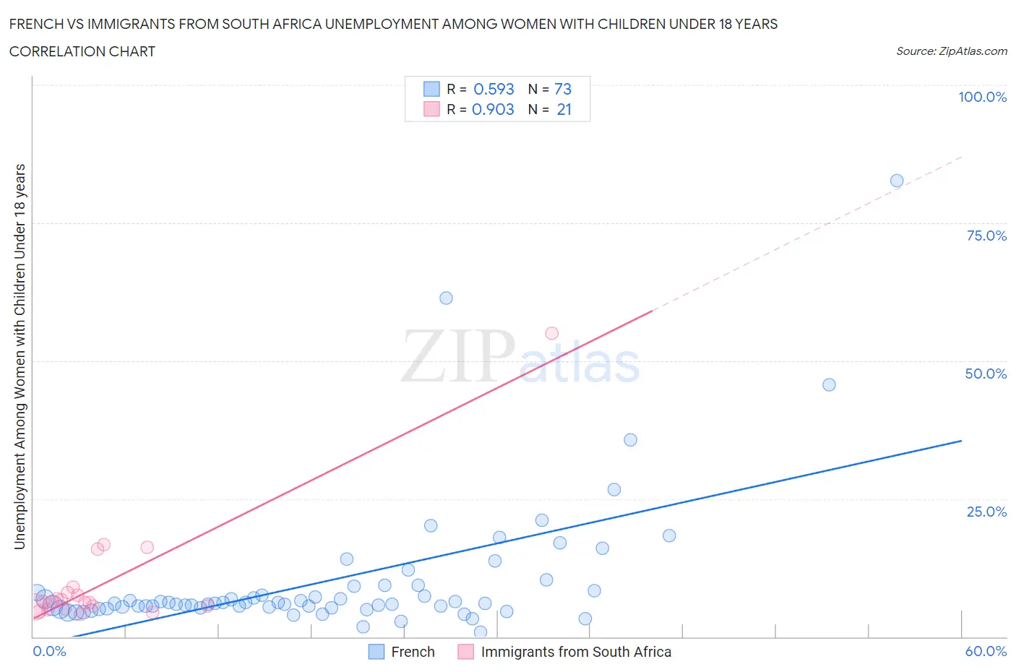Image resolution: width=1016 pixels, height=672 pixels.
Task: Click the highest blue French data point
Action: pos(896,181)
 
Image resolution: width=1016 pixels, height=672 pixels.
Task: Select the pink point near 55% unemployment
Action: pos(551,333)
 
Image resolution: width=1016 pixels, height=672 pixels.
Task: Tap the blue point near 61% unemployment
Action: pos(446,298)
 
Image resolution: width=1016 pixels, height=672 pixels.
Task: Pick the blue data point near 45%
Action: pos(829,384)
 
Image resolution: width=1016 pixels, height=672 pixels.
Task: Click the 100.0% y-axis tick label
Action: pos(982,97)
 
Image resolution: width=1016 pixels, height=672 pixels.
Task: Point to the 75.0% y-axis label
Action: pos(986,236)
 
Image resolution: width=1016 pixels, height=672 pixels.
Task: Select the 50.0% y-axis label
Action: pos(986,374)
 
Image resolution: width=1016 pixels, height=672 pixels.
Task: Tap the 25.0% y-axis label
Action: pos(986,512)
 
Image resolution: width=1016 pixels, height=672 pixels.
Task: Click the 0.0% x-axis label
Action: pos(49,651)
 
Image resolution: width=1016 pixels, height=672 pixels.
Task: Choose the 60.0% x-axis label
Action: pos(986,651)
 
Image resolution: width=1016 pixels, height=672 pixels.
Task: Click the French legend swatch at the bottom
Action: pos(376,652)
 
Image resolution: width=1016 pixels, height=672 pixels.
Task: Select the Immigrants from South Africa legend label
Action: pos(576,652)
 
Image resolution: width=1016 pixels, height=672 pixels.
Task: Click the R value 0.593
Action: pos(494,89)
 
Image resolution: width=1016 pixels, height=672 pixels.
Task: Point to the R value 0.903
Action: pos(493,109)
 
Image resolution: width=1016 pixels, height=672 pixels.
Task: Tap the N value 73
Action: pos(563,89)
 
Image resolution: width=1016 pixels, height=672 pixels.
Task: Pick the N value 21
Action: pos(564,109)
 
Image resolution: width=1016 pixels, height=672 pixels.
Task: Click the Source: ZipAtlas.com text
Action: pos(951,51)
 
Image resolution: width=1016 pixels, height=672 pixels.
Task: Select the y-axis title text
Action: pos(20,356)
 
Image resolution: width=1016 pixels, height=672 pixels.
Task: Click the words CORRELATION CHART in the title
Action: pos(82,51)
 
